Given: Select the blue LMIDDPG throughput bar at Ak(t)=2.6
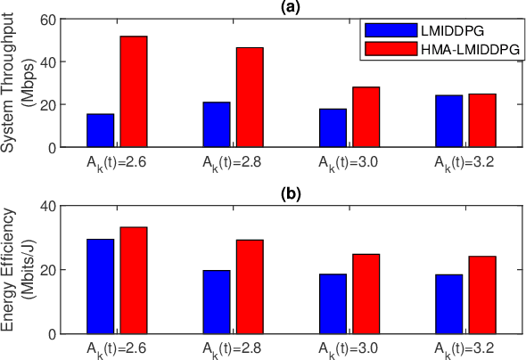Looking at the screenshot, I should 100,130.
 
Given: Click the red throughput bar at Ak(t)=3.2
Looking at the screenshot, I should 482,120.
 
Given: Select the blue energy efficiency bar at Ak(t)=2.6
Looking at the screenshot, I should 100,286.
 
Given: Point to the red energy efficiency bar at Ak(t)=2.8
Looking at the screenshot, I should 250,286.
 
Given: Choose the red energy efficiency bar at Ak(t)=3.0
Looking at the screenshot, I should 366,293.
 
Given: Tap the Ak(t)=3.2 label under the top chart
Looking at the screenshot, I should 464,164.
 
